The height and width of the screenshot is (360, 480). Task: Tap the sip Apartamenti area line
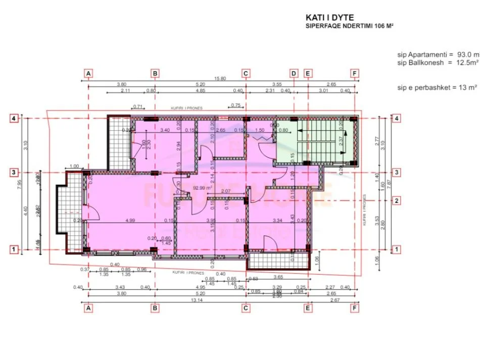pos(438,54)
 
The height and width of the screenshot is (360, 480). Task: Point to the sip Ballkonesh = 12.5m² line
pos(438,63)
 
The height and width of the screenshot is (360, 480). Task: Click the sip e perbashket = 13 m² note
pos(438,87)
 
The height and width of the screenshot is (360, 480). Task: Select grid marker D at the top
pos(294,73)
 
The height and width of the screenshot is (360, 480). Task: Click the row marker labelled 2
pos(397,201)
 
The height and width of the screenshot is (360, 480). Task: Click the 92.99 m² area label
pos(203,186)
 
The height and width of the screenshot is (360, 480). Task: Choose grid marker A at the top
pos(88,73)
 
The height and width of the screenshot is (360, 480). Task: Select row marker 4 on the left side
pos(15,119)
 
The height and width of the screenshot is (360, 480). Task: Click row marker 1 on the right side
pos(397,249)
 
